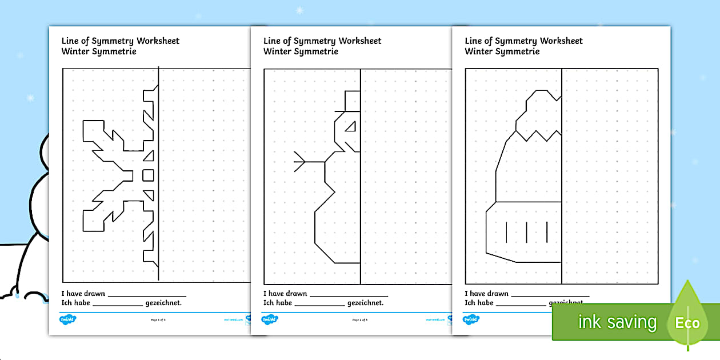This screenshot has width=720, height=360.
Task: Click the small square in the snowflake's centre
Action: pos(148,174)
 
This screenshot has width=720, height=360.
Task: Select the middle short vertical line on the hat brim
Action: pos(526,231)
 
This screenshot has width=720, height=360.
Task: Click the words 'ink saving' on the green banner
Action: pos(617,322)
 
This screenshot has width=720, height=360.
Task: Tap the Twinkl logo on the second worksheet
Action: pos(269,319)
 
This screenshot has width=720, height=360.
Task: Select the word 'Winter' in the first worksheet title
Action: pos(74,51)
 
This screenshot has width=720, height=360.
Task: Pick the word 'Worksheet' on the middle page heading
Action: pos(359,41)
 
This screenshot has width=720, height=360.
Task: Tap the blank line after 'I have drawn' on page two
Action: pos(349,295)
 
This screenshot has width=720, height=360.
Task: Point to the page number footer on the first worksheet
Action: pos(158,320)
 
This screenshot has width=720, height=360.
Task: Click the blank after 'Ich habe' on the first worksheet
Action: pos(117,305)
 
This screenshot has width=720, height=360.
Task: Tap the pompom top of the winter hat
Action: pos(543,103)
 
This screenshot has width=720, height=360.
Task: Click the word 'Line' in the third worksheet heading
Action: pos(474,41)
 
